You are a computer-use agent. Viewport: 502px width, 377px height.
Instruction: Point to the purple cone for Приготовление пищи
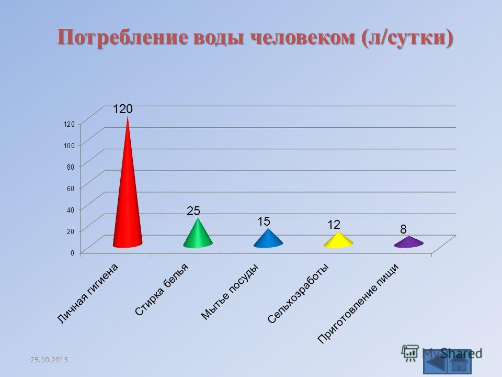[408, 242]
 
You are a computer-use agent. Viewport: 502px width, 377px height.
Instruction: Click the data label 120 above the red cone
[123, 109]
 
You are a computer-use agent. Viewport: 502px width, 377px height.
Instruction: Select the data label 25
[193, 210]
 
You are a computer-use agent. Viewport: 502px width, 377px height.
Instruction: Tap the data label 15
[264, 221]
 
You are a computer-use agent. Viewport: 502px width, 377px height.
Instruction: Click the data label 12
[334, 225]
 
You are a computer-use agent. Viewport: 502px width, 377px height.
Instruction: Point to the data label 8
[403, 229]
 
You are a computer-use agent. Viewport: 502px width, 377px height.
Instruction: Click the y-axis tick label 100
[69, 145]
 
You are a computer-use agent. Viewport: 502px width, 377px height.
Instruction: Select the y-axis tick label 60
[71, 188]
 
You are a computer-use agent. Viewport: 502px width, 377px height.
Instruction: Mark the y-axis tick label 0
[72, 253]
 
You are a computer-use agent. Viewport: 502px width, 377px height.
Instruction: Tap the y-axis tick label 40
[71, 209]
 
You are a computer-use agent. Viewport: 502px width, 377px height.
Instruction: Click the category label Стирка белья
[162, 290]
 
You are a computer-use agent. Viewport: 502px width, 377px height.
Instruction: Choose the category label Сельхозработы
[298, 293]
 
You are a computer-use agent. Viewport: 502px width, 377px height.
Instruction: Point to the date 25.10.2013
[49, 360]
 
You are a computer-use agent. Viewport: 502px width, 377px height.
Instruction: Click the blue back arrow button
[436, 362]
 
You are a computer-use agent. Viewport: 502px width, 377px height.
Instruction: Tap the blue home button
[460, 362]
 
